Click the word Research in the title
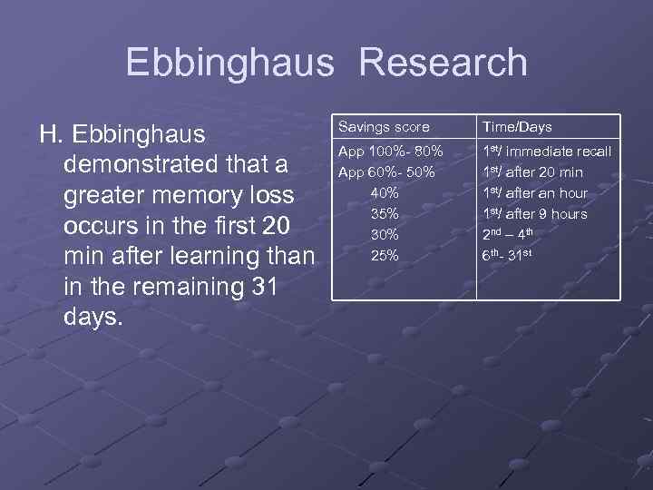pos(443,63)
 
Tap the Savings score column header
pos(384,127)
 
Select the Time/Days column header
pos(517,127)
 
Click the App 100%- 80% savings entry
pos(391,151)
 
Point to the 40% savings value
pos(385,192)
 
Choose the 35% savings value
pos(385,213)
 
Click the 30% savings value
pos(385,234)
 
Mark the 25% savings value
pos(385,255)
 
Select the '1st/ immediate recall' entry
pos(547,151)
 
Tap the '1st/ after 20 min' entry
pos(532,171)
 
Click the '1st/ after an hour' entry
pos(535,192)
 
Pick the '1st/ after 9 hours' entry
pos(535,213)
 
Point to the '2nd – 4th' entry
pos(513,234)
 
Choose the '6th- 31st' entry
pos(508,255)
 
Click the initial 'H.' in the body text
pos(50,135)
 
